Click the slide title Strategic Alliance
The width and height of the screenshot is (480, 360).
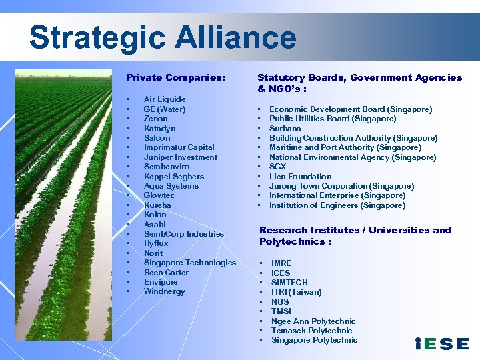pyautogui.click(x=163, y=37)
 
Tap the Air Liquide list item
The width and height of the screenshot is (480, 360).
pyautogui.click(x=165, y=99)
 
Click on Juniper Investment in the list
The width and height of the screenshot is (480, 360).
pyautogui.click(x=180, y=157)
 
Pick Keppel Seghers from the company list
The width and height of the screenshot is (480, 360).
pyautogui.click(x=173, y=177)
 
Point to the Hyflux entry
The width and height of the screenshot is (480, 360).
pyautogui.click(x=155, y=244)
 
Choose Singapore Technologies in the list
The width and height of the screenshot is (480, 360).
pyautogui.click(x=189, y=263)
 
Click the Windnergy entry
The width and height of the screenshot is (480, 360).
pyautogui.click(x=164, y=291)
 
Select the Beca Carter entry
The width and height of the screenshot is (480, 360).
pyautogui.click(x=166, y=273)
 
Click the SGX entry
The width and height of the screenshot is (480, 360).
pyautogui.click(x=278, y=167)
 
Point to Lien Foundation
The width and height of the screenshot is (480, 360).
pyautogui.click(x=300, y=177)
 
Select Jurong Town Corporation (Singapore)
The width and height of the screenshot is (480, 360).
pyautogui.click(x=341, y=186)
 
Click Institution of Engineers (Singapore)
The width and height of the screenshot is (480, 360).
pyautogui.click(x=337, y=205)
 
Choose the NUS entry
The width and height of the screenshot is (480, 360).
pyautogui.click(x=280, y=301)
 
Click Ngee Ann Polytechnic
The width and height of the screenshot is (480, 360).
pyautogui.click(x=313, y=321)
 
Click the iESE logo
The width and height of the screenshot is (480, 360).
pyautogui.click(x=441, y=344)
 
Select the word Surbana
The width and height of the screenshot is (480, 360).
pyautogui.click(x=285, y=128)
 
